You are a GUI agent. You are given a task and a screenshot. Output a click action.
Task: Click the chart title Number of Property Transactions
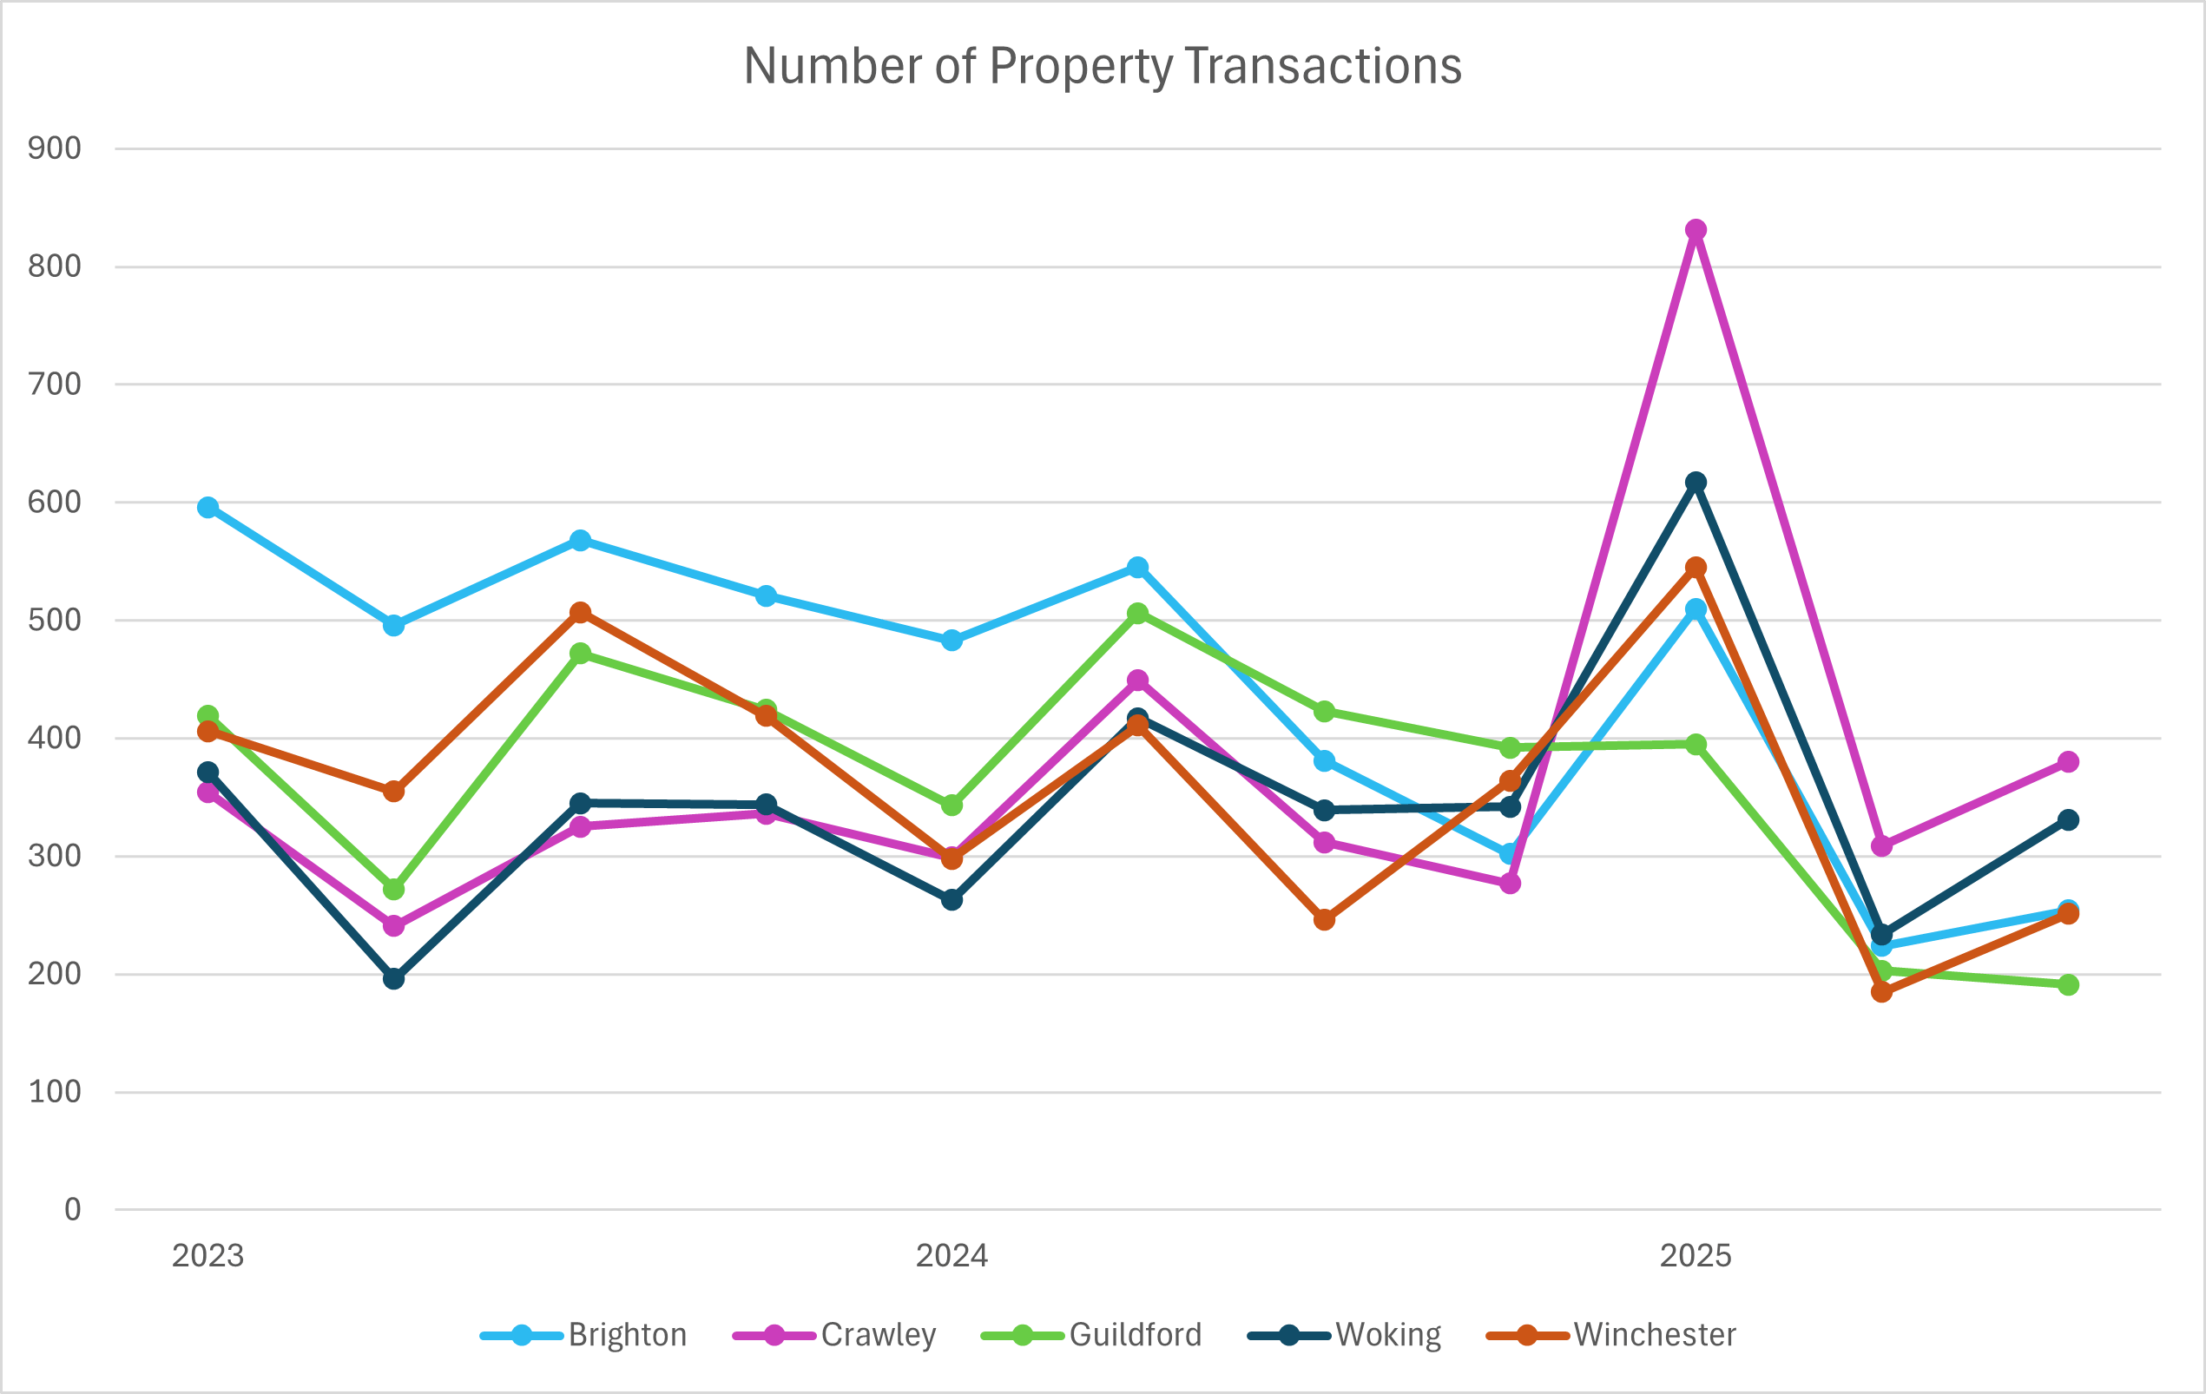(1102, 66)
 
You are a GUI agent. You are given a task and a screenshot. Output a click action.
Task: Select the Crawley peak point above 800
(1696, 230)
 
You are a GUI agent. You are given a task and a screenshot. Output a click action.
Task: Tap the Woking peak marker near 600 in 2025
(1696, 483)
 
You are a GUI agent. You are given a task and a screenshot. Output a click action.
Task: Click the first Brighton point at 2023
(208, 508)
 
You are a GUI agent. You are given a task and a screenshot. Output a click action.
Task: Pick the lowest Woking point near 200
(394, 979)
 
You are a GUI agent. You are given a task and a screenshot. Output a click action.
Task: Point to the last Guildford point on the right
(2068, 984)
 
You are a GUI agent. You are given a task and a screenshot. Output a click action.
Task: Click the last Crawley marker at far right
(2068, 762)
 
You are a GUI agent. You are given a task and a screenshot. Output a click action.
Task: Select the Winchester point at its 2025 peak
(1696, 568)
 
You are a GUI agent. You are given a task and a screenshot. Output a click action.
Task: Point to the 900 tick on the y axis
(54, 148)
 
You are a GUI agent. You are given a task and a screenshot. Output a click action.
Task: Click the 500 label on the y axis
(54, 620)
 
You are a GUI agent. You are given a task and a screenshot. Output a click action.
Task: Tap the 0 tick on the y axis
(72, 1210)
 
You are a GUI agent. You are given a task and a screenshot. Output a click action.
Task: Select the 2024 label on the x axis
(952, 1256)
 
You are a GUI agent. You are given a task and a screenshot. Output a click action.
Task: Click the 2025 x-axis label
(1696, 1256)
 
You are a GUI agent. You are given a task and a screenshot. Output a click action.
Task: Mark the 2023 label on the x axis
(208, 1256)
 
